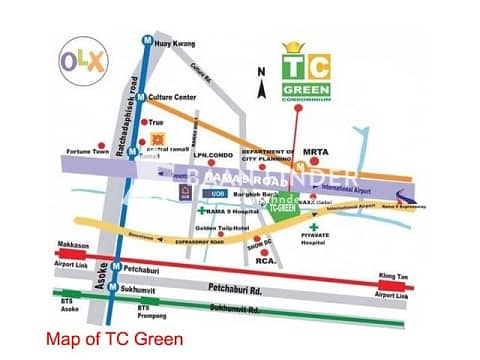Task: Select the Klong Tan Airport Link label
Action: pos(392,282)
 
